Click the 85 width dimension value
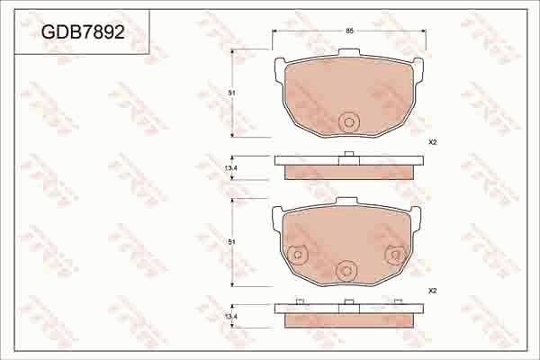coord(348,32)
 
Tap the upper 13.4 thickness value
coord(230,168)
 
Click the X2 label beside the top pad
coord(432,143)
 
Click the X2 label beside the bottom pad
coord(432,291)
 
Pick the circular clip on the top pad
coord(348,122)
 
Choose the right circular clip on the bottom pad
coord(392,256)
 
